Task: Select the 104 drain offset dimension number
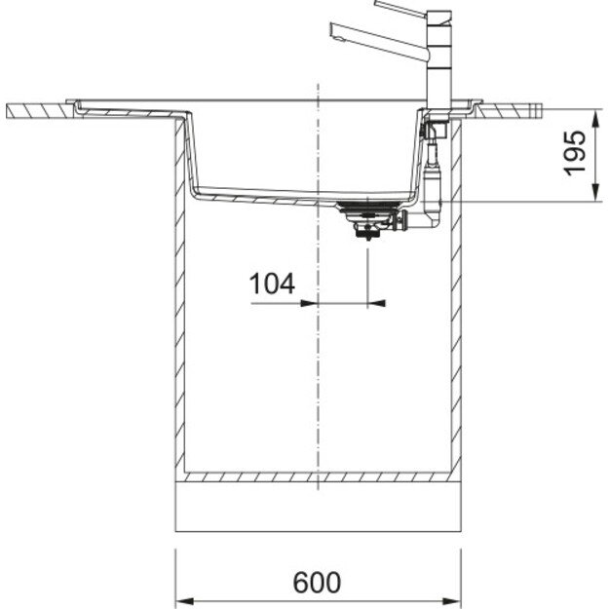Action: click(272, 285)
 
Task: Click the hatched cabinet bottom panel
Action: click(317, 477)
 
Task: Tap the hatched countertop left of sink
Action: click(39, 112)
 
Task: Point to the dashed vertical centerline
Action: click(318, 390)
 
